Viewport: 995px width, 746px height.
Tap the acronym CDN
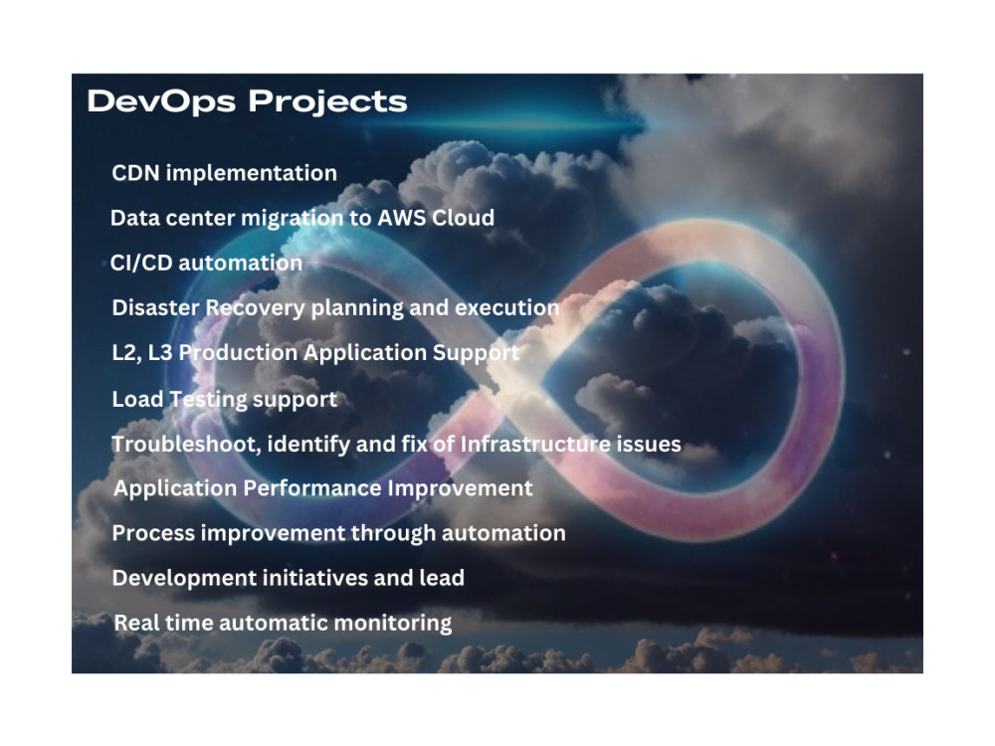click(135, 173)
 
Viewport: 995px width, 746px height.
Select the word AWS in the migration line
click(401, 218)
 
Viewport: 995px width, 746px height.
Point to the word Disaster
click(155, 308)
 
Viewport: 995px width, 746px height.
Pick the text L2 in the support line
click(125, 353)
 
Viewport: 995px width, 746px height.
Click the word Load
click(135, 399)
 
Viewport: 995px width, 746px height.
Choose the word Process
click(153, 533)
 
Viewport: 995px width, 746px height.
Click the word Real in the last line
click(136, 624)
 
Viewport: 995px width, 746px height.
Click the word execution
click(507, 308)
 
